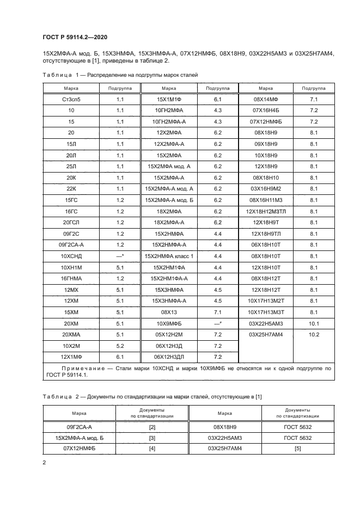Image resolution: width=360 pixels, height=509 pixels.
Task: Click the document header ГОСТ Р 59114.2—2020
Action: coord(72,36)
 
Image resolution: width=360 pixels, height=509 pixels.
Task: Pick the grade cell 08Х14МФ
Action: coord(265,100)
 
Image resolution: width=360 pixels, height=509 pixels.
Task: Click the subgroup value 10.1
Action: coord(313,323)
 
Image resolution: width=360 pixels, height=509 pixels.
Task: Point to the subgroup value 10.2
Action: coord(313,334)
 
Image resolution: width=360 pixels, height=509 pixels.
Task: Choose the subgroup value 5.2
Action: coord(120,346)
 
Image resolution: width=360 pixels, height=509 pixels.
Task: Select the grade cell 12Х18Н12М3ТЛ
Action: coord(265,212)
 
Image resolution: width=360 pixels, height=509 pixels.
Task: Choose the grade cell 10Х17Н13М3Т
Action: coord(265,301)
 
